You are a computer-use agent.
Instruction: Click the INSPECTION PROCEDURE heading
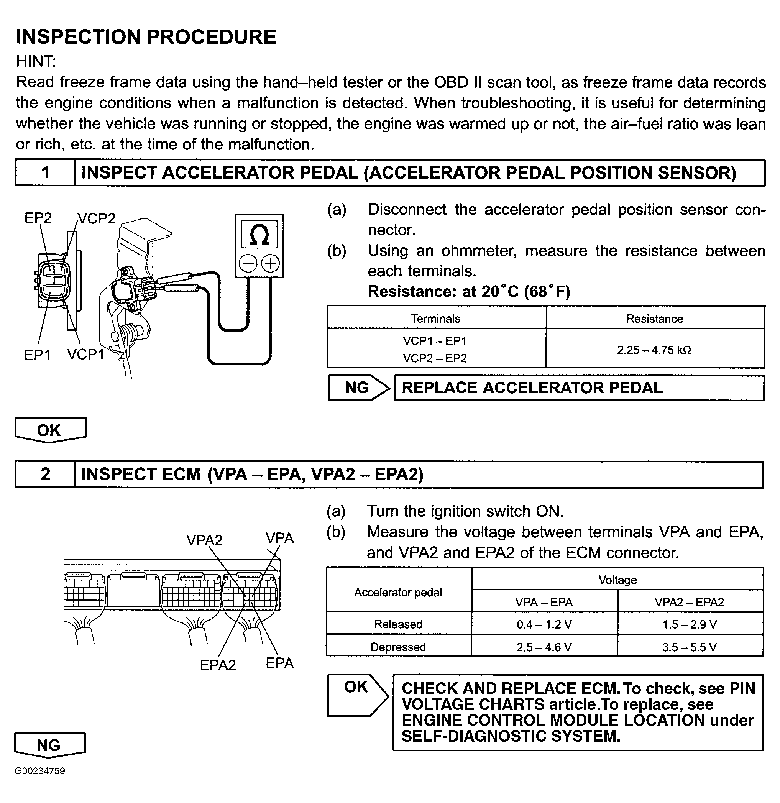146,37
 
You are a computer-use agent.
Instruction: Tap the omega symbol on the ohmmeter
259,235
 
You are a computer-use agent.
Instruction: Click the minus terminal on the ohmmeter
248,263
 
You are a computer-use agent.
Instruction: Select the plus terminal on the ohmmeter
270,263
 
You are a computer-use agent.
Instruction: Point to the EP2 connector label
38,218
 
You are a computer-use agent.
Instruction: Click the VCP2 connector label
97,218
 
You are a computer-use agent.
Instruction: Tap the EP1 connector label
37,355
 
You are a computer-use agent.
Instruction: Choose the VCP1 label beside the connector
85,355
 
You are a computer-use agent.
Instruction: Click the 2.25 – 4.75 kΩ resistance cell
655,350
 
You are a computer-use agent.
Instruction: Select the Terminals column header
436,319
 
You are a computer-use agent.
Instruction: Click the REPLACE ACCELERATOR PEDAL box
579,388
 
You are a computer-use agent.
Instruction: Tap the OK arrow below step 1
50,430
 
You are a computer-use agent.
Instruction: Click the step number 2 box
45,474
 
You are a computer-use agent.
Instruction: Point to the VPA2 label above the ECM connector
204,540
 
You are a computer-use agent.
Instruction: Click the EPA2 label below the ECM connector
218,665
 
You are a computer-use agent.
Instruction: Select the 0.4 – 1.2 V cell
544,624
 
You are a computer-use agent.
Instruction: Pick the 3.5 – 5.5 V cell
690,647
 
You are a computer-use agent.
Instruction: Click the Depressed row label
398,647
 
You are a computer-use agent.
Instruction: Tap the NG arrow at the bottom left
50,745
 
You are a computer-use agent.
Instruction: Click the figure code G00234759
40,771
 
